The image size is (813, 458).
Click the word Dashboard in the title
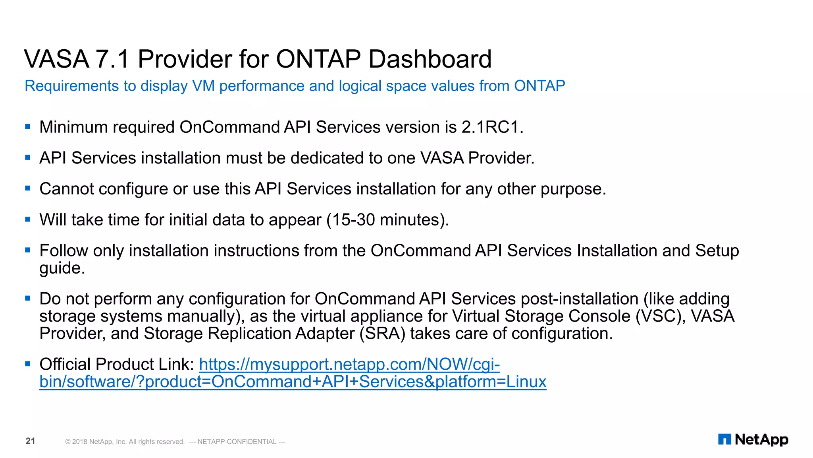(430, 59)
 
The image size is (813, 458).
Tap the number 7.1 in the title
(113, 59)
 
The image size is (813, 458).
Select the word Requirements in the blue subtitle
(72, 86)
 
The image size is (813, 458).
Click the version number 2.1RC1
(492, 127)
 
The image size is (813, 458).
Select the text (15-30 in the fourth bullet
(350, 220)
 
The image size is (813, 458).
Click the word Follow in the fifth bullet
(64, 251)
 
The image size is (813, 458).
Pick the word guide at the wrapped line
(62, 268)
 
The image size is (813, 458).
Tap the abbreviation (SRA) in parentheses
(382, 334)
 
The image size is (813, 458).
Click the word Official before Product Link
(65, 364)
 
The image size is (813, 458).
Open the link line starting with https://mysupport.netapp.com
(349, 364)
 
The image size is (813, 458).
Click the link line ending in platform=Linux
(293, 382)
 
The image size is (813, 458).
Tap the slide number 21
(31, 441)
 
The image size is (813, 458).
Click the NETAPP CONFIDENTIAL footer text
(237, 442)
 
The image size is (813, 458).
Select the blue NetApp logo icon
(724, 439)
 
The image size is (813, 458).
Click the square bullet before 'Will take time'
(28, 219)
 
